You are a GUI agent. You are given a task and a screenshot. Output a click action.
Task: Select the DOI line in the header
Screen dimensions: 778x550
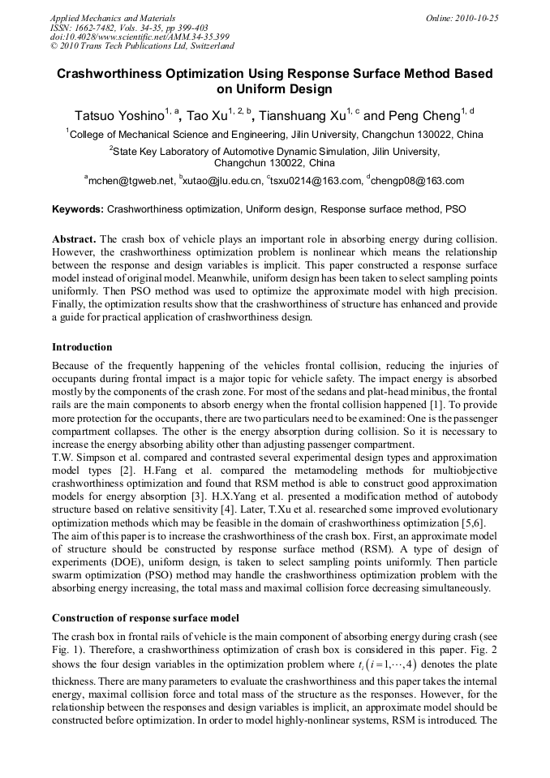(x=140, y=37)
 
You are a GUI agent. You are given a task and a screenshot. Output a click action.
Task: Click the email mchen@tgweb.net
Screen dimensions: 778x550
(x=131, y=181)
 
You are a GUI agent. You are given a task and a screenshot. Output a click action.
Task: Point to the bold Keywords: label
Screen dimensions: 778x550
(x=78, y=209)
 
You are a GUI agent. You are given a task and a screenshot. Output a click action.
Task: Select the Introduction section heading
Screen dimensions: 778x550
(x=82, y=346)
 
